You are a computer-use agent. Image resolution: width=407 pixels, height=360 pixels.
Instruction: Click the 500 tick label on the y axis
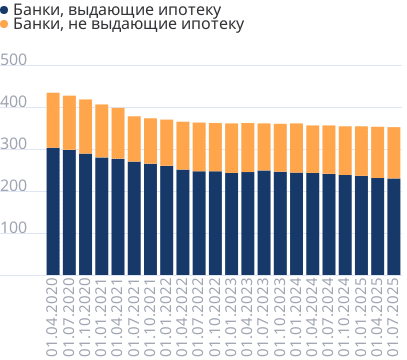coord(13,62)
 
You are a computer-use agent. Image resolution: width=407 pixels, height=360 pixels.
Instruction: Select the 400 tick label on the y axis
coord(13,104)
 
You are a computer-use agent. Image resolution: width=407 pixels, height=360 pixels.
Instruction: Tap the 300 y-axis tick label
coord(13,147)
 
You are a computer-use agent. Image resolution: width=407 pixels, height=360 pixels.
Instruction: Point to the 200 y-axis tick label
coord(13,189)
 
